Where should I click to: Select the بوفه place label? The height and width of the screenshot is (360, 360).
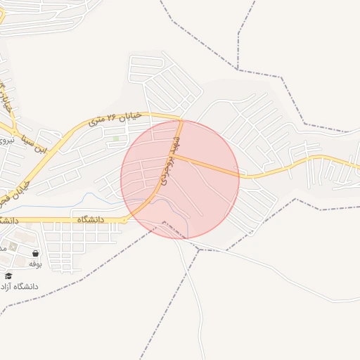pos(35,264)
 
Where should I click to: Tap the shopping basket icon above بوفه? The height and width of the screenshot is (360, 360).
pos(35,253)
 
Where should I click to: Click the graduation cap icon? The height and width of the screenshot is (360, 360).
pos(8,276)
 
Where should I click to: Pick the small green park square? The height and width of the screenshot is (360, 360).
pos(116,139)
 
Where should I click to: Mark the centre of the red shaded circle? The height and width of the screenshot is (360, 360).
pos(180,179)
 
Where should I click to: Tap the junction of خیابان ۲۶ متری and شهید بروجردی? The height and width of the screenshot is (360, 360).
pos(181,120)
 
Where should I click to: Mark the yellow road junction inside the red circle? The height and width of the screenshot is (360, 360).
pos(174,157)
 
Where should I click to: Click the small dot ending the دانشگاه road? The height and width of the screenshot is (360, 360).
pos(124,220)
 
